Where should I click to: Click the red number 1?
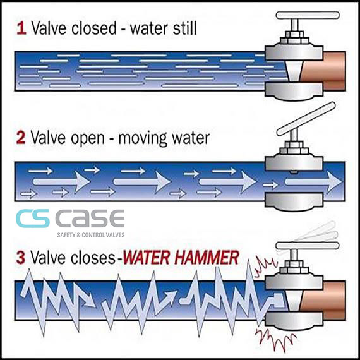point(21,28)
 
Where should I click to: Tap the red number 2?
point(21,138)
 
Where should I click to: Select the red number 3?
point(21,258)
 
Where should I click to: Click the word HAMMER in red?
point(207,258)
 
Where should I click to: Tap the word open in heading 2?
point(88,139)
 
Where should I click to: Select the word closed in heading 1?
point(94,28)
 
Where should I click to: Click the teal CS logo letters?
point(33,219)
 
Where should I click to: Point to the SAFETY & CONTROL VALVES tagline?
point(91,235)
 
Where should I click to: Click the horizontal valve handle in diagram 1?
point(308,15)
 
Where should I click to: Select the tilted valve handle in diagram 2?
point(306,119)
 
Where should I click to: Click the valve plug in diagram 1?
point(294,71)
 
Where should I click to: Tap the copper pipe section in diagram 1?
point(323,71)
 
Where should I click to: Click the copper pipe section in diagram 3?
point(323,300)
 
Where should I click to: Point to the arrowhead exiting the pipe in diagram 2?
point(334,182)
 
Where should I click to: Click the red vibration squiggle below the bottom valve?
point(275,339)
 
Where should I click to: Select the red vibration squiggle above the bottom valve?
point(265,267)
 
